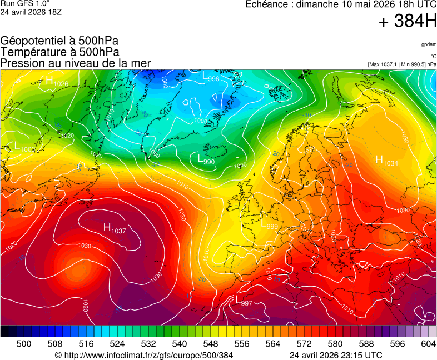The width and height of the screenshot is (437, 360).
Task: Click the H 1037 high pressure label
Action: pos(115,228)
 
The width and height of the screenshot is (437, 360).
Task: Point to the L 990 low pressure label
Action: pos(206,159)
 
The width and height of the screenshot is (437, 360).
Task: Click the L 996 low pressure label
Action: pos(210,77)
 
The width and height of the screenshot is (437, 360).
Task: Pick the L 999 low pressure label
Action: pos(269,224)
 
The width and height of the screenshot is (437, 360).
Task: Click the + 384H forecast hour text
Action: pos(408,22)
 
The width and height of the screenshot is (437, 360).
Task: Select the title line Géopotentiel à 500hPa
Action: pos(59,41)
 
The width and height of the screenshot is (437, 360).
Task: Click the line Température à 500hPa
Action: pos(59,52)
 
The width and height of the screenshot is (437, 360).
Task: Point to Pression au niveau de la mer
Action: pos(76,63)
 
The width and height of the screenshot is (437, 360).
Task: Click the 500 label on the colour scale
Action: pos(23,344)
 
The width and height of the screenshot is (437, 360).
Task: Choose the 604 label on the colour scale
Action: pos(428,344)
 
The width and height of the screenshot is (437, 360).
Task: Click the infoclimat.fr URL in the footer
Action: pos(143,355)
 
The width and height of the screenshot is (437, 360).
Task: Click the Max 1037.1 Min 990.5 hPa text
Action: pos(402,64)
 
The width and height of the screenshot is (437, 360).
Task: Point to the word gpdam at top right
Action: pos(428,44)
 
